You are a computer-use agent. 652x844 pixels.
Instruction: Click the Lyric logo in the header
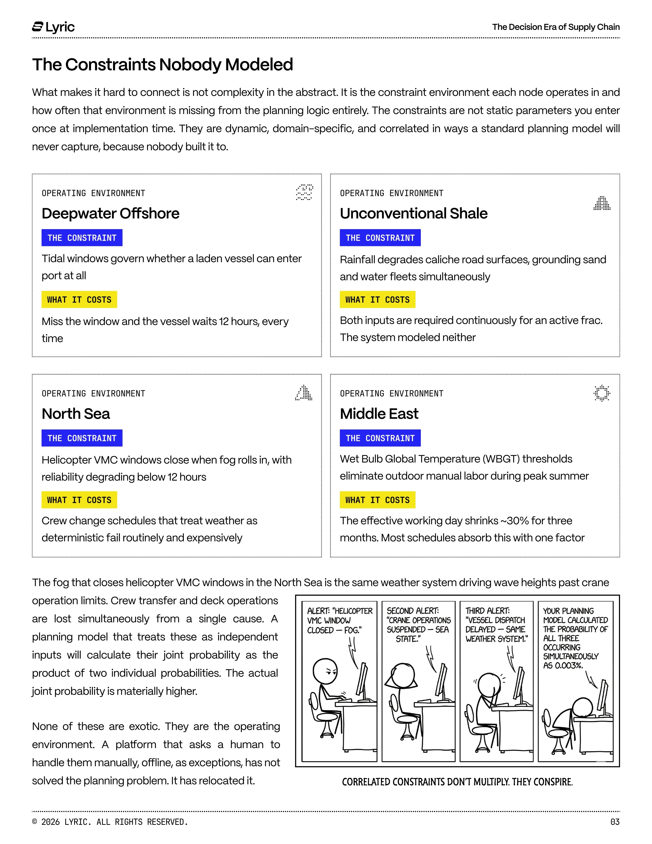click(53, 27)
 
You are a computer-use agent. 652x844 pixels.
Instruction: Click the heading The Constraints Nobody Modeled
click(162, 64)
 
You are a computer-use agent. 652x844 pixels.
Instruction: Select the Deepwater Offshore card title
click(110, 213)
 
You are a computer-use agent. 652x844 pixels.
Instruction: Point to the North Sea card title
click(76, 414)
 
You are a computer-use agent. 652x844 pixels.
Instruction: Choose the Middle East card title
click(379, 414)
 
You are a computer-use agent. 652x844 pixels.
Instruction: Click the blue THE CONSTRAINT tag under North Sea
click(82, 438)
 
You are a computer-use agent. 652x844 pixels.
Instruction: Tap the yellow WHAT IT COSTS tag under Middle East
click(377, 500)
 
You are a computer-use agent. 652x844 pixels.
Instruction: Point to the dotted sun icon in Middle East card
click(601, 393)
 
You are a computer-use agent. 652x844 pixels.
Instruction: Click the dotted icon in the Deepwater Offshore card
click(304, 192)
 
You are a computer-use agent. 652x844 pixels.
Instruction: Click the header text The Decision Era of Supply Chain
click(555, 27)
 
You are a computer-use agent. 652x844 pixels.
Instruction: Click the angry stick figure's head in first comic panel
click(325, 671)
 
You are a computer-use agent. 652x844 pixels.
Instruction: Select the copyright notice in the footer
click(110, 822)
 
